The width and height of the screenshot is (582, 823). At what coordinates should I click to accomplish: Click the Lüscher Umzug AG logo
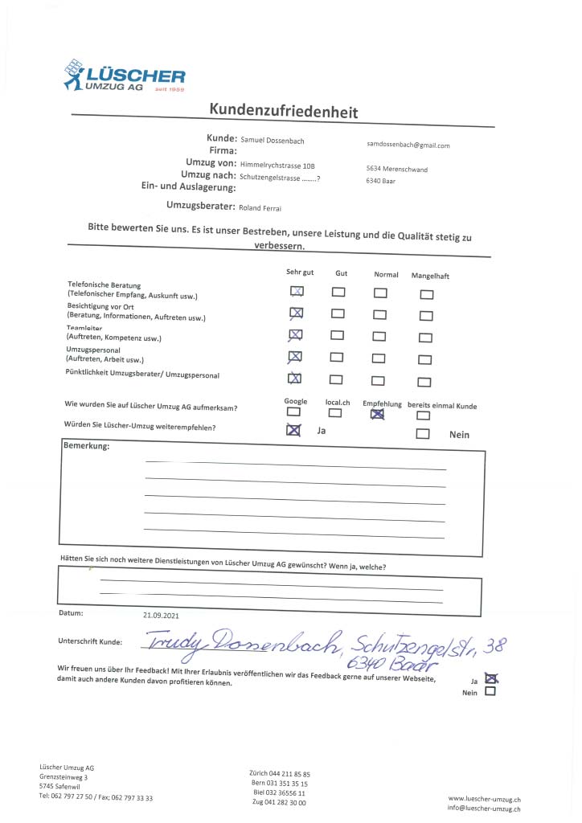pyautogui.click(x=124, y=77)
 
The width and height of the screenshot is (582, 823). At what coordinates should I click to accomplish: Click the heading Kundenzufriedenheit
pyautogui.click(x=284, y=111)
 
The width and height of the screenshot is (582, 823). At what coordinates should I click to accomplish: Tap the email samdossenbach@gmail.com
pyautogui.click(x=408, y=145)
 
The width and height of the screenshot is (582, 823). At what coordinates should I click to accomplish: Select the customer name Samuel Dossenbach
pyautogui.click(x=273, y=140)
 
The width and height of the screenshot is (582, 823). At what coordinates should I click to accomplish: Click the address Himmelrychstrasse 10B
pyautogui.click(x=277, y=164)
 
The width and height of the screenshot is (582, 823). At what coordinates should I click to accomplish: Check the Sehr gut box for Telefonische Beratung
pyautogui.click(x=297, y=292)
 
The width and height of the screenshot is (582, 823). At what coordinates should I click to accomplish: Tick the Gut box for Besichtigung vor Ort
pyautogui.click(x=338, y=313)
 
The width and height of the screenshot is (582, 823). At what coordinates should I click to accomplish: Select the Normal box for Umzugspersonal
pyautogui.click(x=379, y=358)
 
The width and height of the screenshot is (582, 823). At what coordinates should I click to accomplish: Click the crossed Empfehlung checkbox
pyautogui.click(x=377, y=415)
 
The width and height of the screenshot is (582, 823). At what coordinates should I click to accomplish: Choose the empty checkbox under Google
pyautogui.click(x=293, y=412)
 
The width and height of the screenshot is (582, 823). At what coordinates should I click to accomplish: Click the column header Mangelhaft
pyautogui.click(x=430, y=276)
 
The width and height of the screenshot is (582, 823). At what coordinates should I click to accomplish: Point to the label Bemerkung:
pyautogui.click(x=86, y=446)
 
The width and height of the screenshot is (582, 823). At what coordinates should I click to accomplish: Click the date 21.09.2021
pyautogui.click(x=160, y=615)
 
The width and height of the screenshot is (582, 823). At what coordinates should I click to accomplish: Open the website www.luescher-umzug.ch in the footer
pyautogui.click(x=484, y=800)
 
